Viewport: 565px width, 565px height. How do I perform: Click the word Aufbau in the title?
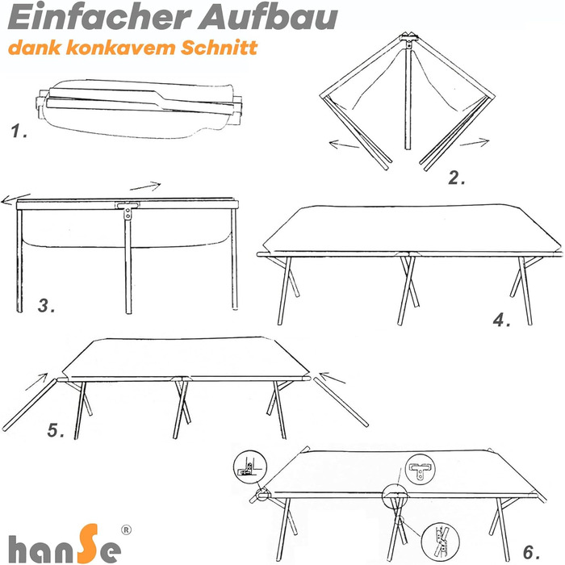coord(269,17)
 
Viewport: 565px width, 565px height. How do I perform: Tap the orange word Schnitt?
coord(219,48)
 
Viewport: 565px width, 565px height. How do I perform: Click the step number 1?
coord(19,131)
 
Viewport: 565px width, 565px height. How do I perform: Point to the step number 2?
coord(457,178)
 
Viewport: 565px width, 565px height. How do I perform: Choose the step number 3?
coord(47,306)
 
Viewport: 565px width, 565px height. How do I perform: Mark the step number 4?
coord(501,320)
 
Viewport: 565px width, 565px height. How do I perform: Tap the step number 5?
coord(56,430)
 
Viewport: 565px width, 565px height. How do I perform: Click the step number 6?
coord(531,552)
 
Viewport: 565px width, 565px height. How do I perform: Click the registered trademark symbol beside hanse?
coord(126,530)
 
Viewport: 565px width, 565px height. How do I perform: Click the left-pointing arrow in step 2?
coord(344,144)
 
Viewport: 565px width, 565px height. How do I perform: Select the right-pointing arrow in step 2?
coord(475,143)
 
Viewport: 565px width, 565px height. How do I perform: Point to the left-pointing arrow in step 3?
coord(16,199)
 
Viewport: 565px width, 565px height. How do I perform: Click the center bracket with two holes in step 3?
coord(128,210)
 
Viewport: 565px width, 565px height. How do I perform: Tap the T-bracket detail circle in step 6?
coord(421,470)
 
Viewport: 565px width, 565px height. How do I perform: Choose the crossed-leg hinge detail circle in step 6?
coord(441,542)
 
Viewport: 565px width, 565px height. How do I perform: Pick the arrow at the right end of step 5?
coord(333,378)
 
